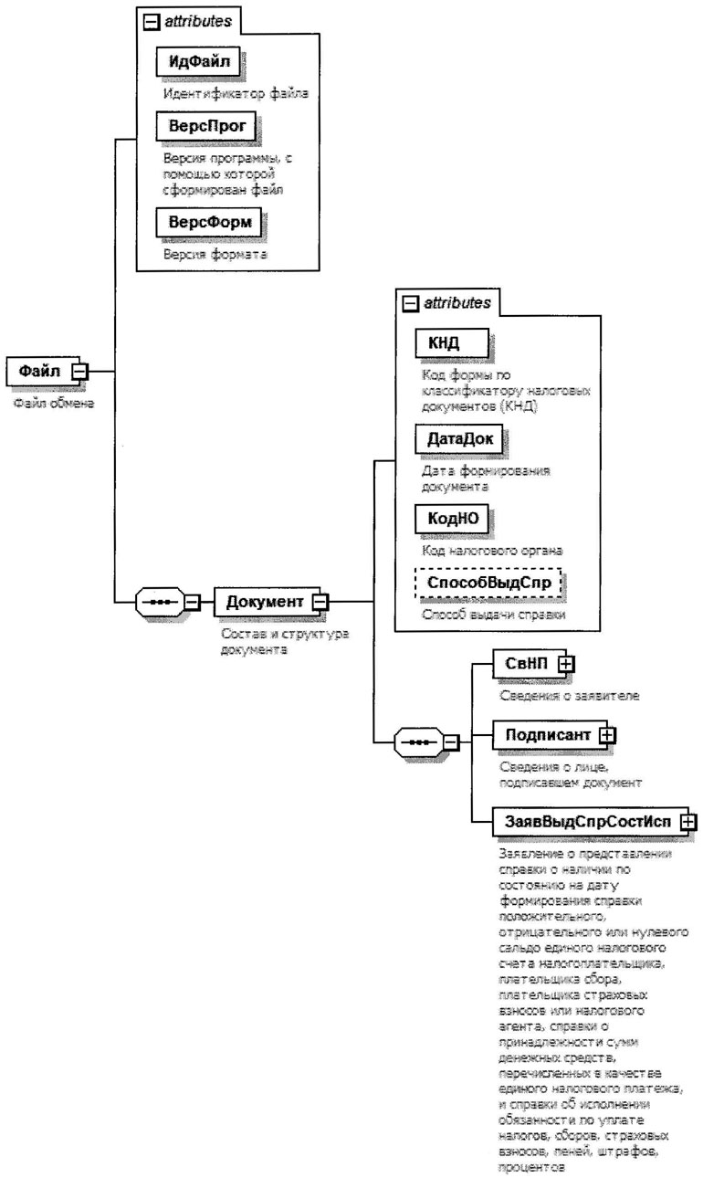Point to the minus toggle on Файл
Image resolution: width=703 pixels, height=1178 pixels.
pos(79,372)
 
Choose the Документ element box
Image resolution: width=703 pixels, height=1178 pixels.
pos(262,602)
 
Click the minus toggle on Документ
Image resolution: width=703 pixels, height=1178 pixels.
pos(321,603)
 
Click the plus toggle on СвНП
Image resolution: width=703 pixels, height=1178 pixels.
pos(566,664)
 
